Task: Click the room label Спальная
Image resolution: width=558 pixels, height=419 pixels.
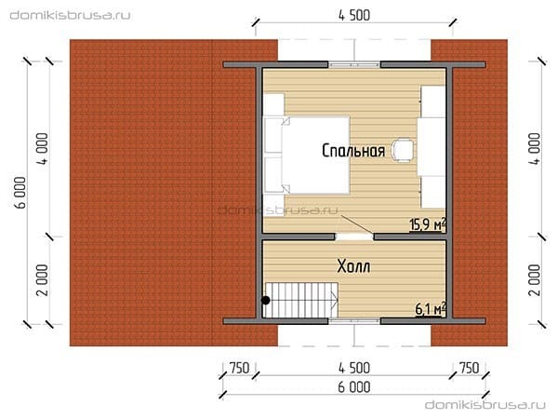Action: pyautogui.click(x=353, y=151)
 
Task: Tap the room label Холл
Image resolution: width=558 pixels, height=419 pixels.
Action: pyautogui.click(x=353, y=266)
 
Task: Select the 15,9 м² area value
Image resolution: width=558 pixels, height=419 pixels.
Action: pyautogui.click(x=428, y=224)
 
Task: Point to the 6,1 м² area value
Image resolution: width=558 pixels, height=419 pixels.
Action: pyautogui.click(x=431, y=309)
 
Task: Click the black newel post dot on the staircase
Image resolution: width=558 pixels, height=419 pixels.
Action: pyautogui.click(x=265, y=301)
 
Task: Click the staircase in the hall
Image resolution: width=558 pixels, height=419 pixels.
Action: pyautogui.click(x=300, y=300)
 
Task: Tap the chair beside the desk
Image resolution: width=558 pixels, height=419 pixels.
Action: pyautogui.click(x=403, y=150)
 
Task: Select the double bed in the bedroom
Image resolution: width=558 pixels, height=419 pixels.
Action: pyautogui.click(x=306, y=155)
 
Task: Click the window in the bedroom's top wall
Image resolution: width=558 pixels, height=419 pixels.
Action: pyautogui.click(x=354, y=65)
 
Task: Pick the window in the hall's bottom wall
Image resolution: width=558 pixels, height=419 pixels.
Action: pyautogui.click(x=354, y=321)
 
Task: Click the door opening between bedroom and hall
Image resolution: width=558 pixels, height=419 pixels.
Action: pyautogui.click(x=354, y=237)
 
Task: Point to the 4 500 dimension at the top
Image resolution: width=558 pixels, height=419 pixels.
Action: pyautogui.click(x=354, y=15)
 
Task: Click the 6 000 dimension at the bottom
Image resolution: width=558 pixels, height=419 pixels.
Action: pyautogui.click(x=354, y=387)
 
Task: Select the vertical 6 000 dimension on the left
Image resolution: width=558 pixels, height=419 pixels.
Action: pyautogui.click(x=21, y=193)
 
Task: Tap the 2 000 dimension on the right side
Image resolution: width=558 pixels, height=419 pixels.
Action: pyautogui.click(x=535, y=280)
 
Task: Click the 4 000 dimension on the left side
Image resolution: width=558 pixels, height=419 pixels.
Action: pyautogui.click(x=43, y=149)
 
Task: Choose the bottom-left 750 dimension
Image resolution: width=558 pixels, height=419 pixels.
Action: pyautogui.click(x=239, y=369)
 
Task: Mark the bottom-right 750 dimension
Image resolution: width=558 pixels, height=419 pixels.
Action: pyautogui.click(x=470, y=369)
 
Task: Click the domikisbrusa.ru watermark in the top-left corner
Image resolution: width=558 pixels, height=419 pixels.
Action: pyautogui.click(x=70, y=15)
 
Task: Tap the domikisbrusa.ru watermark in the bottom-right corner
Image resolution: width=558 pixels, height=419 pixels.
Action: pyautogui.click(x=485, y=405)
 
